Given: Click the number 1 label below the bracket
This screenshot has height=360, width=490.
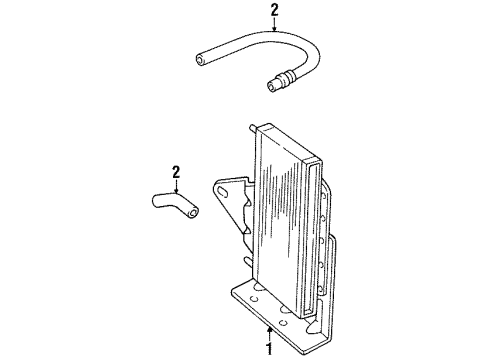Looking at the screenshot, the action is click(x=269, y=350).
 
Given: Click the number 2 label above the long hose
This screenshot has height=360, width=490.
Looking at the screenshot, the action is click(x=245, y=13).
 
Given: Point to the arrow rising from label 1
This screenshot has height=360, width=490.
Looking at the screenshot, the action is click(x=269, y=329).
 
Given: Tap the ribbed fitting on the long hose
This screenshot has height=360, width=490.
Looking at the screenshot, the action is click(x=285, y=77).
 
